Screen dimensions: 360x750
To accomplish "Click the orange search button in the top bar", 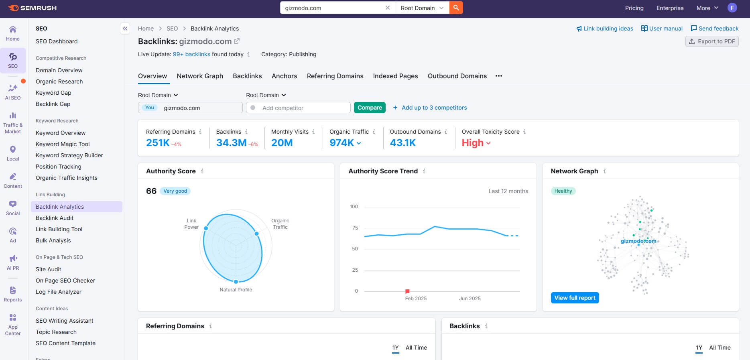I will pyautogui.click(x=456, y=8).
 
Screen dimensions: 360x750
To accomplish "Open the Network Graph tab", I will pyautogui.click(x=200, y=76).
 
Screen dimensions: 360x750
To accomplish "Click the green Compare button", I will pyautogui.click(x=369, y=108).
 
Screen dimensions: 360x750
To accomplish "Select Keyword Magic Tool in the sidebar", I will pyautogui.click(x=63, y=144).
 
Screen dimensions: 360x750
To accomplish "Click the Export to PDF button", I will pyautogui.click(x=712, y=41).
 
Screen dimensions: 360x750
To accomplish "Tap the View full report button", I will pyautogui.click(x=575, y=298).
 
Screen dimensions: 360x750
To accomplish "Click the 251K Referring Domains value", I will pyautogui.click(x=158, y=143).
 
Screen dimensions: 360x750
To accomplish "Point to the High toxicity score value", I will pyautogui.click(x=472, y=143).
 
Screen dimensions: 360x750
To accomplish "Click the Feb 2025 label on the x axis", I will pyautogui.click(x=416, y=299).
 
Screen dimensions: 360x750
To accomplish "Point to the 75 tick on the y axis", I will pyautogui.click(x=355, y=228).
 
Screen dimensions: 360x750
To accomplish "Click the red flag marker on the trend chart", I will pyautogui.click(x=407, y=291).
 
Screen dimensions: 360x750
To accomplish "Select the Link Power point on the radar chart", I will pyautogui.click(x=206, y=228).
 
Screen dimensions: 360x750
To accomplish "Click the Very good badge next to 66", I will pyautogui.click(x=175, y=191).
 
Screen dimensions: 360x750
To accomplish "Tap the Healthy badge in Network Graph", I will pyautogui.click(x=563, y=191).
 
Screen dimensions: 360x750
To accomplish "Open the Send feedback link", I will pyautogui.click(x=714, y=28).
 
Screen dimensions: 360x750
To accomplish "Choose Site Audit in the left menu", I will pyautogui.click(x=49, y=269).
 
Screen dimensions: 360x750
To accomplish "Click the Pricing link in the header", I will pyautogui.click(x=634, y=8).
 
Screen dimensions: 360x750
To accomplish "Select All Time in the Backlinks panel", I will pyautogui.click(x=720, y=348).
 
